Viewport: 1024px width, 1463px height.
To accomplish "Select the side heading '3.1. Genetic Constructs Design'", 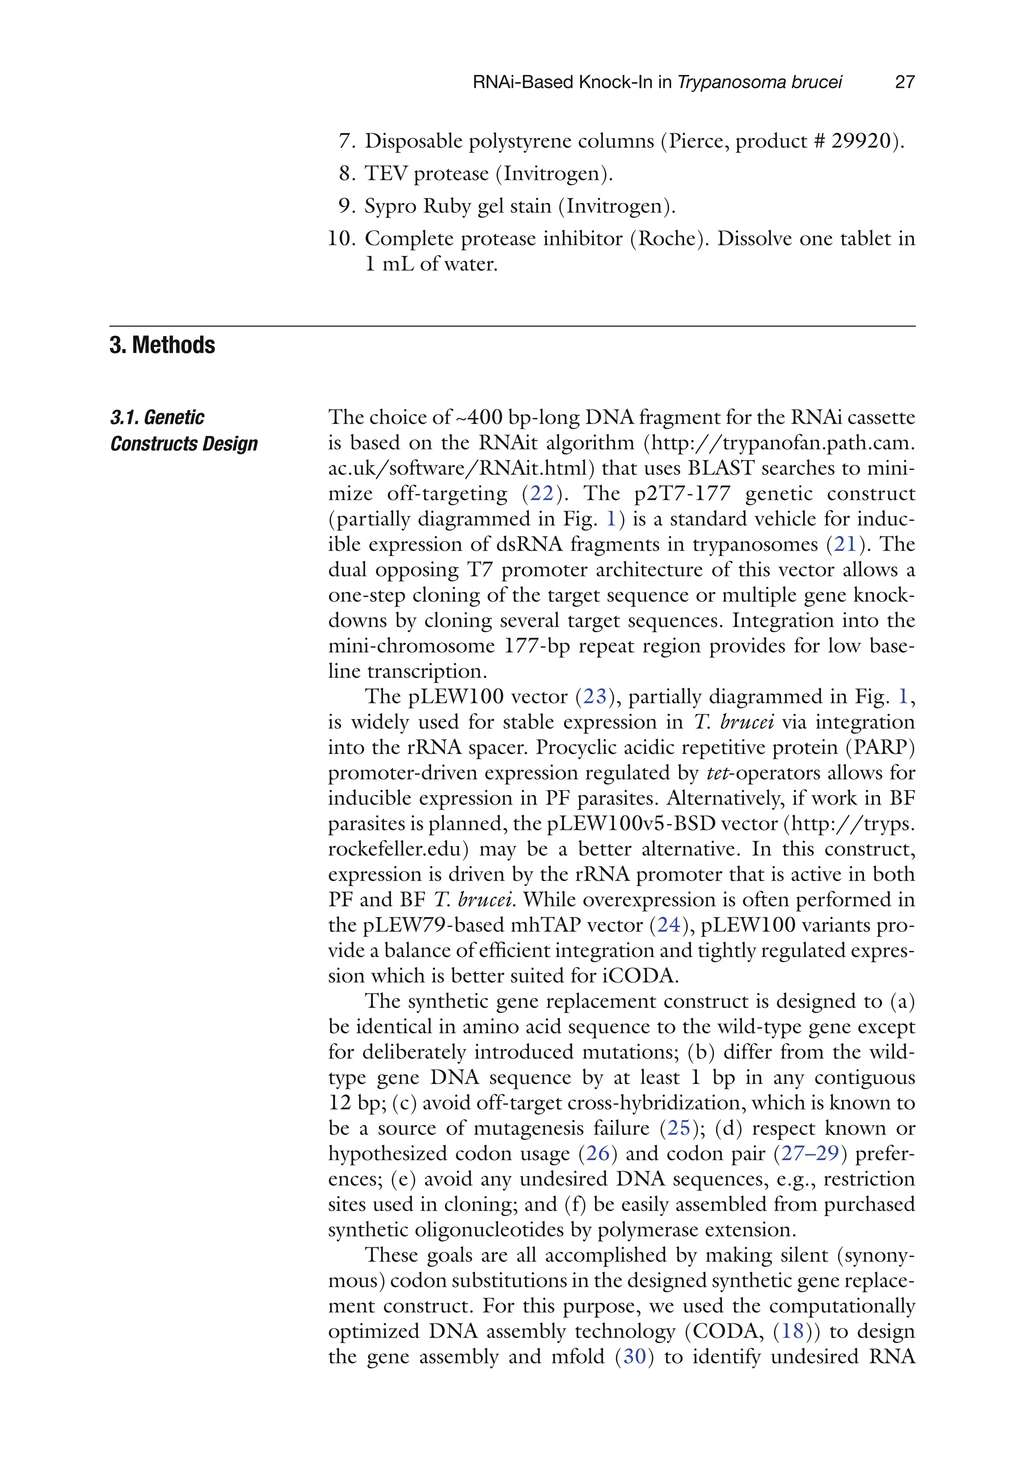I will coord(183,430).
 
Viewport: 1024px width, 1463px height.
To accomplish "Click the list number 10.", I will coord(341,238).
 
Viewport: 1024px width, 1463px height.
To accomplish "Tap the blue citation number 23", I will coord(594,696).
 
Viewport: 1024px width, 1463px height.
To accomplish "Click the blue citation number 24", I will coord(668,924).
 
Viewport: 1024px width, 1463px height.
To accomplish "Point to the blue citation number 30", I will coord(634,1356).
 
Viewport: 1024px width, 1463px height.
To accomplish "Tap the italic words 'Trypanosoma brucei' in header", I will coord(759,81).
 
